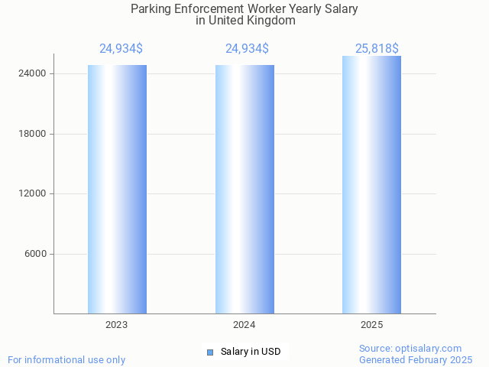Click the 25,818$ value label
[x=377, y=49]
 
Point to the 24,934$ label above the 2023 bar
[x=121, y=49]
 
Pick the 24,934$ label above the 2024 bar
[x=247, y=49]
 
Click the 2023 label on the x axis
[x=117, y=325]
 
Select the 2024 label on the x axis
[x=244, y=325]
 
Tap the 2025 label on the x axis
[x=371, y=325]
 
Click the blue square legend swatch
[x=210, y=352]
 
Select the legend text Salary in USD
[x=251, y=352]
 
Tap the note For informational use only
[x=66, y=359]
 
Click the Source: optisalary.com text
[x=410, y=349]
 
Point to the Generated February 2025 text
[x=416, y=359]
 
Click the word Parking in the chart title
[x=152, y=9]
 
